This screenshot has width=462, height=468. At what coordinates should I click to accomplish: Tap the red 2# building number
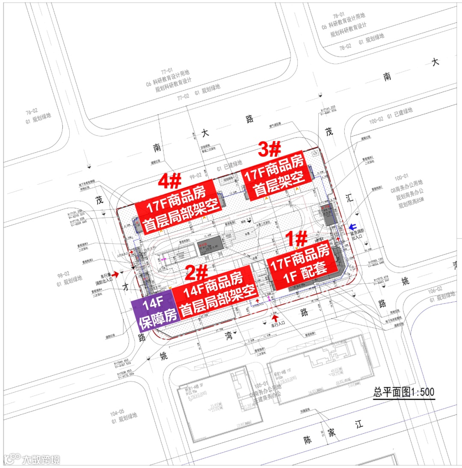tap(196, 272)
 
